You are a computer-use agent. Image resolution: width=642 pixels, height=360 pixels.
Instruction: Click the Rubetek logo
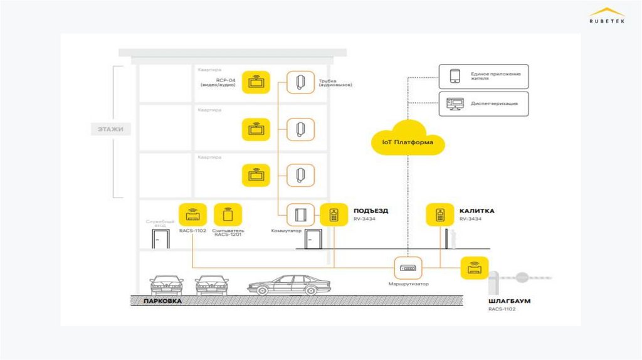[x=606, y=15]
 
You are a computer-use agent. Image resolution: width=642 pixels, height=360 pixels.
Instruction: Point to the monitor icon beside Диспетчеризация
[x=455, y=103]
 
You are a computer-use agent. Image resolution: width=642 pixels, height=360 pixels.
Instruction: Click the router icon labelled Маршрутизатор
[x=408, y=268]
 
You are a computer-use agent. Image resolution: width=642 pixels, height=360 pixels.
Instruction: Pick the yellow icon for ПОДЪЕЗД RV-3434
[x=334, y=215]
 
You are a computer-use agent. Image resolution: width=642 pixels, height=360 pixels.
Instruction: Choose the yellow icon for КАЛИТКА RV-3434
[x=440, y=215]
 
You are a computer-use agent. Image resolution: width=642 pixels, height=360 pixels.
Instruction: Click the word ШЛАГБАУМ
[x=509, y=301]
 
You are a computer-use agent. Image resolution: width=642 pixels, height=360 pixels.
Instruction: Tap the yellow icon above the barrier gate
[x=474, y=268]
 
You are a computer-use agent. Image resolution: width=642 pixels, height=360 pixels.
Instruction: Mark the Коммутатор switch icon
[x=300, y=215]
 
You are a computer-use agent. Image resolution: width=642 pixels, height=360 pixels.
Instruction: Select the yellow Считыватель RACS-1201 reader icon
[x=227, y=214]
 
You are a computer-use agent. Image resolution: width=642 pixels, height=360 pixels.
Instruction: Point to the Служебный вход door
[x=160, y=239]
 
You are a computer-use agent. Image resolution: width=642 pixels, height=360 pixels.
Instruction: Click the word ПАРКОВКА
[x=162, y=302]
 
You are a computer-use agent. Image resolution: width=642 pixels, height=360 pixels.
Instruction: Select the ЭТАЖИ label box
[x=110, y=130]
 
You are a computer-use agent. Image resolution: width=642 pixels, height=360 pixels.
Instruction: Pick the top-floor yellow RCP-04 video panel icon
[x=256, y=82]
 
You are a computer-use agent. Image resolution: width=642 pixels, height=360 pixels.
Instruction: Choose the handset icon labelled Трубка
[x=300, y=82]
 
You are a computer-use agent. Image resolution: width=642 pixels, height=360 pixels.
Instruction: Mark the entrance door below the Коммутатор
[x=313, y=239]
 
